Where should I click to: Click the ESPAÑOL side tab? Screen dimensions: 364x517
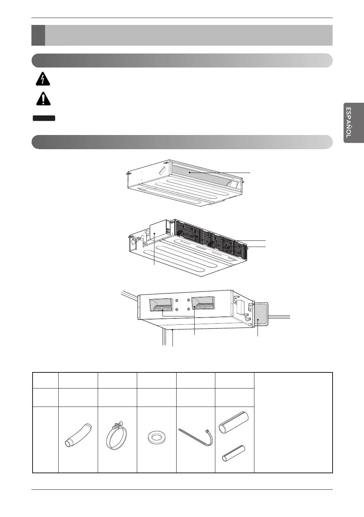pyautogui.click(x=353, y=123)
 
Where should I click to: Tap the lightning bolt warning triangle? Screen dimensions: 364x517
pyautogui.click(x=43, y=79)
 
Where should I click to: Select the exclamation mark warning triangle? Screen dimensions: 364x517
pyautogui.click(x=43, y=99)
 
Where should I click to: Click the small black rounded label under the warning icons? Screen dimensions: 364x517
pyautogui.click(x=44, y=118)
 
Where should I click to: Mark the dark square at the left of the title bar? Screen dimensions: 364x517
pyautogui.click(x=38, y=35)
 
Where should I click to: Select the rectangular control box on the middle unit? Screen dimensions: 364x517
pyautogui.click(x=158, y=232)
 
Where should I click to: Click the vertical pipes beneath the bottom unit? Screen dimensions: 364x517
pyautogui.click(x=164, y=337)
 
